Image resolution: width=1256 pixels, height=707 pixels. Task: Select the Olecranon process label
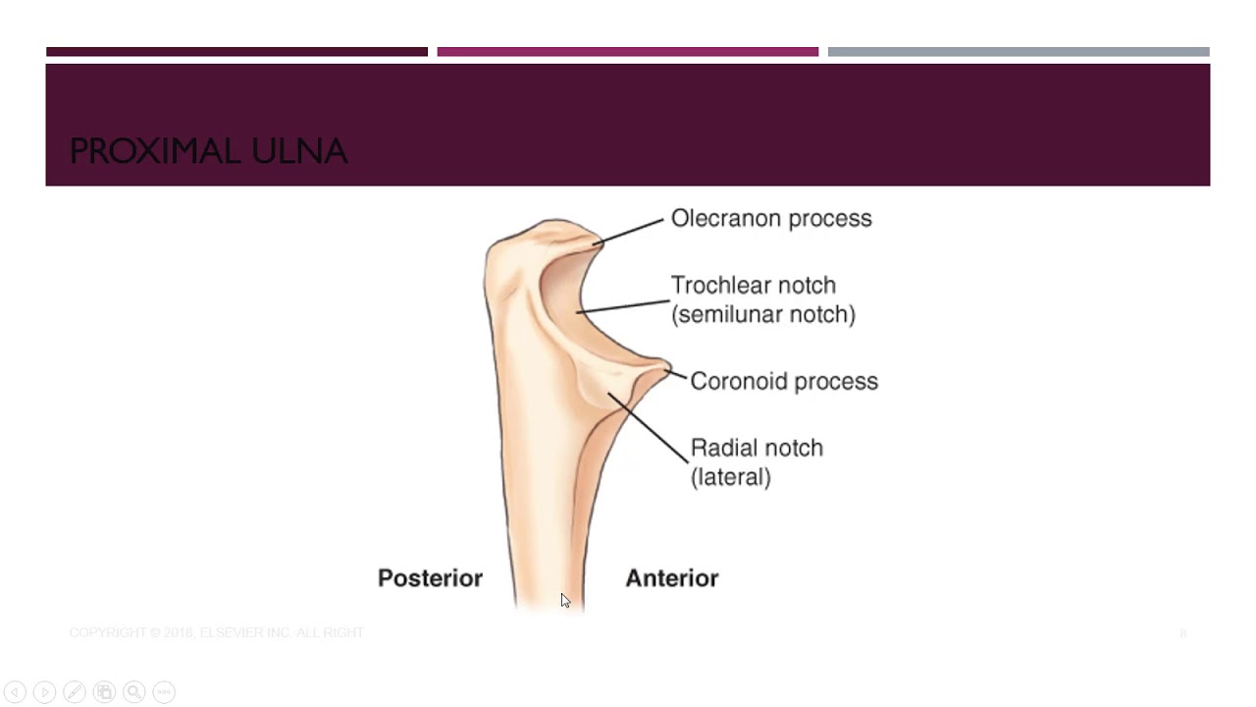pyautogui.click(x=770, y=218)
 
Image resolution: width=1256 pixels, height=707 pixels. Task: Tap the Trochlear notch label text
pyautogui.click(x=753, y=285)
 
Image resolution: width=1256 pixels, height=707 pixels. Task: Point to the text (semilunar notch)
pyautogui.click(x=762, y=314)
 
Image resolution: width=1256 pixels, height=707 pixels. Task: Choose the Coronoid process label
pyautogui.click(x=783, y=381)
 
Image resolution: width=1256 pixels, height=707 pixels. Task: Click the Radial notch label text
pyautogui.click(x=757, y=448)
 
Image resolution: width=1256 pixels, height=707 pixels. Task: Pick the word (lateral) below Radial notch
pyautogui.click(x=730, y=477)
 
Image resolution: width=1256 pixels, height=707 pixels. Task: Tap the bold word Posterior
pyautogui.click(x=430, y=578)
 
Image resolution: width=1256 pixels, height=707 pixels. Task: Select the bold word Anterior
pyautogui.click(x=671, y=578)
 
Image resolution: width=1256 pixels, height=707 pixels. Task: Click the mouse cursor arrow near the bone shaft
pyautogui.click(x=565, y=600)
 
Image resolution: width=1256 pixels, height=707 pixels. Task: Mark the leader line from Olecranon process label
pyautogui.click(x=630, y=232)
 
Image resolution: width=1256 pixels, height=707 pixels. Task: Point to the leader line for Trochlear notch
pyautogui.click(x=623, y=305)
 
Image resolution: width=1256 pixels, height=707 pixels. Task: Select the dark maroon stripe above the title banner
pyautogui.click(x=236, y=52)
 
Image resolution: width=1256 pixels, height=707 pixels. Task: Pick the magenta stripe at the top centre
pyautogui.click(x=627, y=52)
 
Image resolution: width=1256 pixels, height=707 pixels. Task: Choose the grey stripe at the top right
pyautogui.click(x=1018, y=52)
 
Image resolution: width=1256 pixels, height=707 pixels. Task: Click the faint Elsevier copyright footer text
pyautogui.click(x=216, y=633)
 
